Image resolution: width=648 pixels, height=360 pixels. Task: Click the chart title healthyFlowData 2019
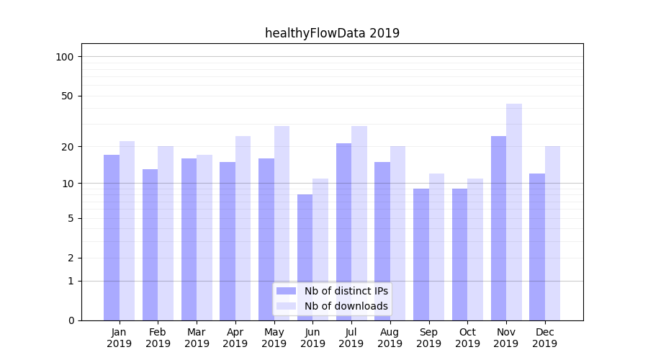tap(332, 33)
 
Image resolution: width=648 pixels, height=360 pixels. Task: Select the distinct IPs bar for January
tap(112, 238)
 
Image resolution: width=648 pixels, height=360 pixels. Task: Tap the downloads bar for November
tap(514, 212)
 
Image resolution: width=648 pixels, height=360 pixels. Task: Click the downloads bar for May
tap(282, 223)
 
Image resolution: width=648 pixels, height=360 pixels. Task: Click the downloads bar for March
tap(204, 238)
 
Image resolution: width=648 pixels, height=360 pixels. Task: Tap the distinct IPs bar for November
tap(498, 228)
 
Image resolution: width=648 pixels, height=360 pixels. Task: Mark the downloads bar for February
tap(166, 233)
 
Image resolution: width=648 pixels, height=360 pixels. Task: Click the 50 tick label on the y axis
tap(68, 96)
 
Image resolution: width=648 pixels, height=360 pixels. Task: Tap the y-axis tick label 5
tap(71, 218)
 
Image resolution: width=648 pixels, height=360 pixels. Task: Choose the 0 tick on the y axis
tap(71, 320)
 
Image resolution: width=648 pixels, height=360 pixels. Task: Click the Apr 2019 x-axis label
tap(235, 338)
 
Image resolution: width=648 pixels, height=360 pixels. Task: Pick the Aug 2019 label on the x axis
tap(390, 338)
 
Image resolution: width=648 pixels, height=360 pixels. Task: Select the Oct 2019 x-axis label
tap(467, 338)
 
